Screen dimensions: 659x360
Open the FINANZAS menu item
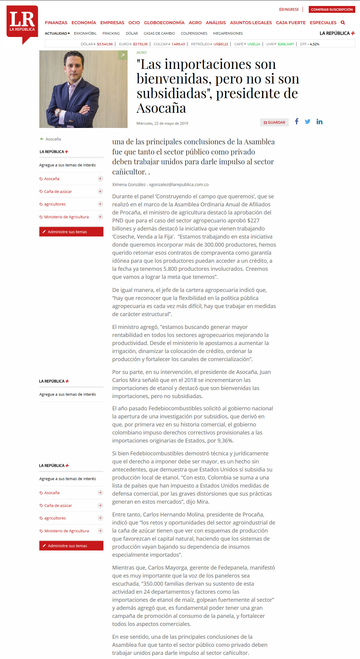pos(56,23)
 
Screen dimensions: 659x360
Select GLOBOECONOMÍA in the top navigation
pos(164,23)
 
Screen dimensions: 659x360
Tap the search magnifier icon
pos(343,23)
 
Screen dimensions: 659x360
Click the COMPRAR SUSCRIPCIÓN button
pos(332,10)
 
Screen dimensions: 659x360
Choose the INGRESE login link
pos(289,10)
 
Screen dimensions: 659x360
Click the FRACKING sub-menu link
pos(111,33)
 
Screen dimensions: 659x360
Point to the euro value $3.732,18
pos(140,44)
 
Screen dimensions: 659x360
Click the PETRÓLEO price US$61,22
pos(221,44)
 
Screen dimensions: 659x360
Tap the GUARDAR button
pos(274,123)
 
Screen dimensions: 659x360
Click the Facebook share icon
pos(297,121)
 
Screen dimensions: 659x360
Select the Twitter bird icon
pos(308,121)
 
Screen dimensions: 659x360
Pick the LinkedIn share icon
pos(319,121)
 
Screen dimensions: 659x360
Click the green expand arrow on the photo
pos(122,55)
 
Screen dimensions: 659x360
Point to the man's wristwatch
pos(58,112)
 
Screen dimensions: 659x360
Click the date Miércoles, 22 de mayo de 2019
pos(162,123)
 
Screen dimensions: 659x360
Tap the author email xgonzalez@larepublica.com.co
pos(179,185)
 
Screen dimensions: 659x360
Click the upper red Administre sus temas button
pos(71,232)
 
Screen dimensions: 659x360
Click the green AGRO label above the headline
pos(142,52)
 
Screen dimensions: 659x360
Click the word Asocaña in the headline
pos(161,108)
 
